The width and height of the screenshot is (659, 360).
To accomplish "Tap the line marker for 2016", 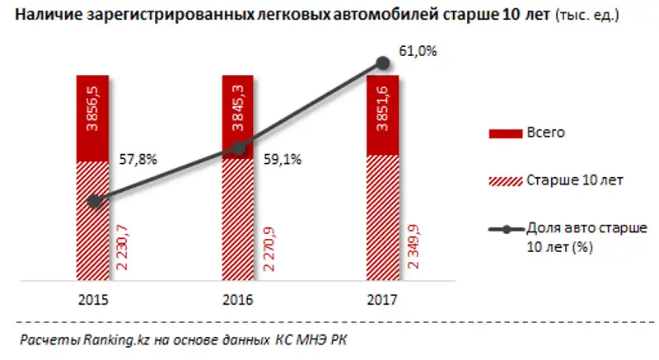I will click(238, 148).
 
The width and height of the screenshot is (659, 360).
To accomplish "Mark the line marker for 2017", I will click(382, 63).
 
